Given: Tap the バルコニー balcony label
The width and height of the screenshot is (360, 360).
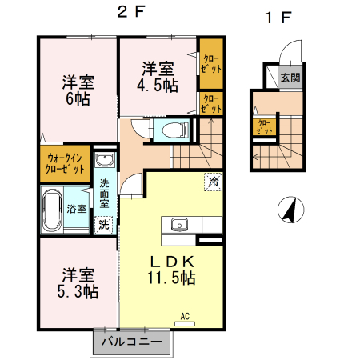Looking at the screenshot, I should pos(133,343).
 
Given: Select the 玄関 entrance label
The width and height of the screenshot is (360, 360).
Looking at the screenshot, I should pos(290,78).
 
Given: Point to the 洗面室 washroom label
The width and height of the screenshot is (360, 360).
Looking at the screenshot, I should pos(105,193).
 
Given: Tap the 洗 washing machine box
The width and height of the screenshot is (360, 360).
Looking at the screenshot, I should pos(104,225).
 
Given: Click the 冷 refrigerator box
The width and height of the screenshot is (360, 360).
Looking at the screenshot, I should pos(214,182).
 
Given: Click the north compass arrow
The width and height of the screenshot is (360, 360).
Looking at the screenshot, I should pos(290,211).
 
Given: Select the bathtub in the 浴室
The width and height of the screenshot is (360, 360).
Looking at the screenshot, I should pos(53,210).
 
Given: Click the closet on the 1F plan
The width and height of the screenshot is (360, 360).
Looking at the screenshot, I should pos(262,126).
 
